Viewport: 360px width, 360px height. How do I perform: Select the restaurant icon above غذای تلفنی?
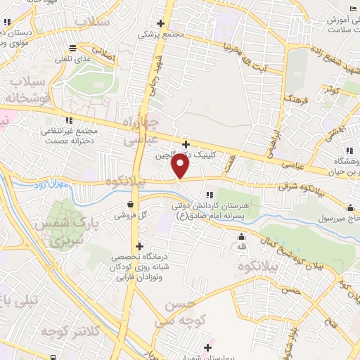(72, 49)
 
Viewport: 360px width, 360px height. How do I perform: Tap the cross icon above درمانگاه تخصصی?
(141, 247)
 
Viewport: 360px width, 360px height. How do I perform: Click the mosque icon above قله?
(241, 236)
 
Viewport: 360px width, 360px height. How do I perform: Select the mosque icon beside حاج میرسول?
(349, 207)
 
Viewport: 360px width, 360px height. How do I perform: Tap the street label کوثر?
(330, 89)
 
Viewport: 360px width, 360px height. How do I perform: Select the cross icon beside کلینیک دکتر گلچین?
(185, 143)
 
